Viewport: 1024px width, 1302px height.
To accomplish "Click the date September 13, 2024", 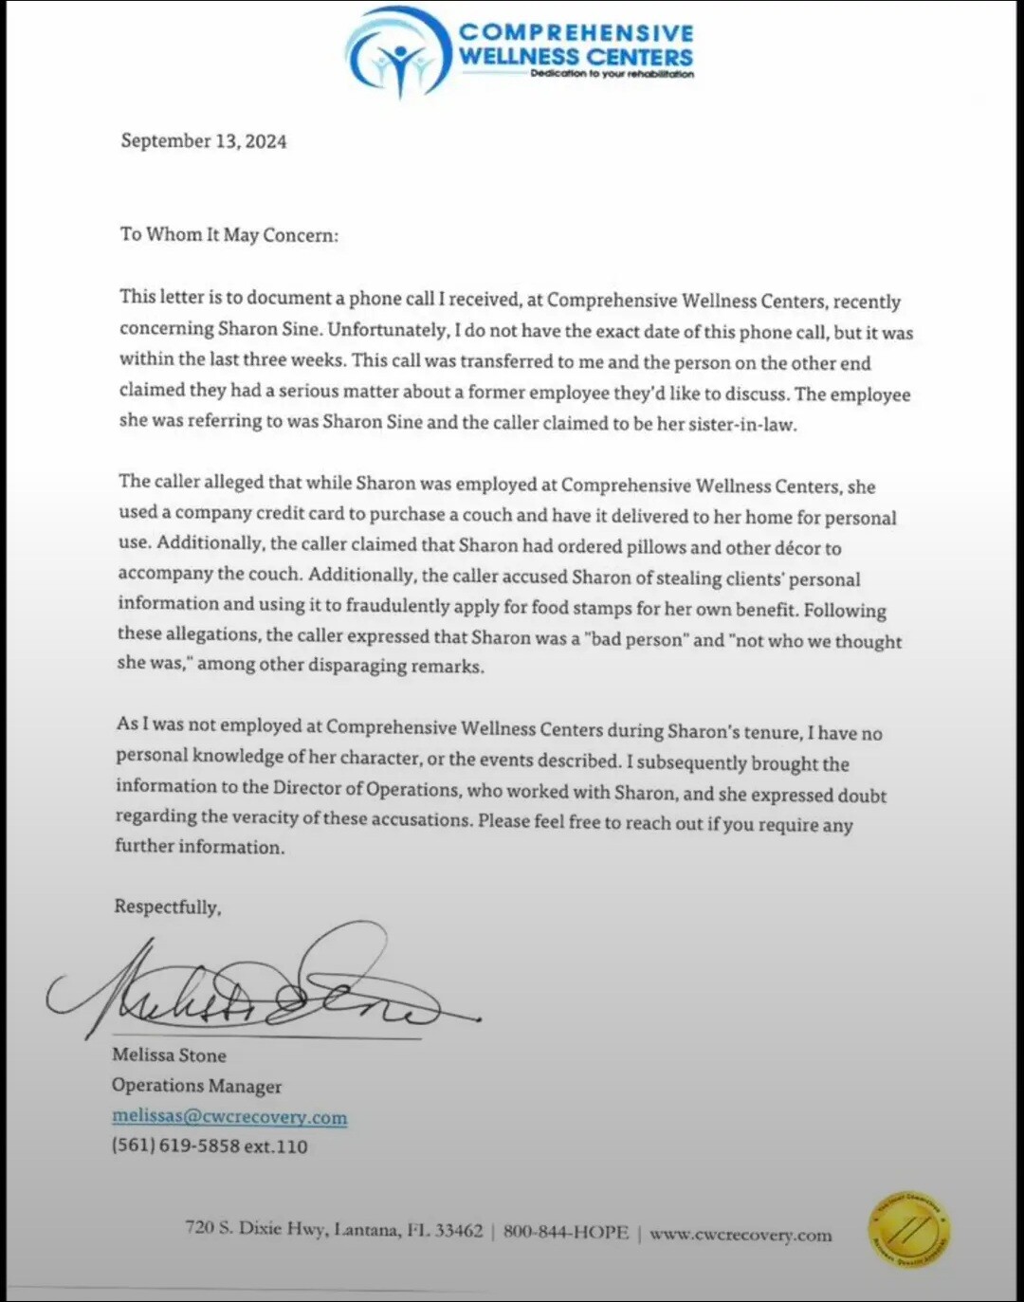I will click(203, 141).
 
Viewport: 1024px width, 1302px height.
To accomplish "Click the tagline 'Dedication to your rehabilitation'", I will click(612, 74).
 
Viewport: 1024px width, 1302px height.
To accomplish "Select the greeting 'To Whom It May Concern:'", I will click(229, 234).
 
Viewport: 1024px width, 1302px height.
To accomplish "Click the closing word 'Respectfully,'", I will click(168, 907).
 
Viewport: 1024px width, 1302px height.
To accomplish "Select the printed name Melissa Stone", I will click(169, 1054).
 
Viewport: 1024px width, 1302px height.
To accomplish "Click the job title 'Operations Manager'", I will click(196, 1085).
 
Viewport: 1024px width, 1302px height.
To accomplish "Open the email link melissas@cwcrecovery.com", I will click(229, 1116).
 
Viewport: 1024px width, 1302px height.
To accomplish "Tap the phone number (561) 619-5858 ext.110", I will click(210, 1146).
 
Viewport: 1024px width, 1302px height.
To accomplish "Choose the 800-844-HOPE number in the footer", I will click(565, 1232).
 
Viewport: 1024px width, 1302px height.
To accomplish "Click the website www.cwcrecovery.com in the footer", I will click(741, 1235).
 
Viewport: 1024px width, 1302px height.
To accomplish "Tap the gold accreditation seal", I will click(908, 1231).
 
